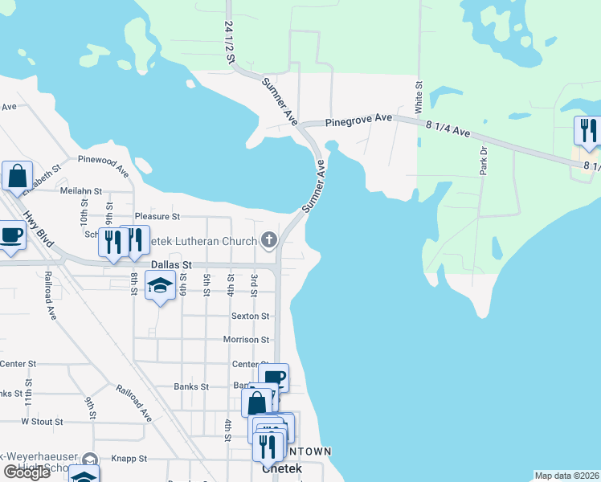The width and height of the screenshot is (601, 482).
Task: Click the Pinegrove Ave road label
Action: (x=358, y=120)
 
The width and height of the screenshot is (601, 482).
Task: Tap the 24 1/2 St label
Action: (x=231, y=43)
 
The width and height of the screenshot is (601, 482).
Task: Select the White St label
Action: (x=419, y=96)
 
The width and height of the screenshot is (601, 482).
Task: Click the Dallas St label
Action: (x=172, y=264)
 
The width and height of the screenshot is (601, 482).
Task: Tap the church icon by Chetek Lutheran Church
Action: (x=269, y=239)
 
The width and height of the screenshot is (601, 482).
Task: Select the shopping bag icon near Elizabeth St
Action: (x=17, y=175)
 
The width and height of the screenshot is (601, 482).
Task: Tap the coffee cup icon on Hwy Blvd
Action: (x=10, y=237)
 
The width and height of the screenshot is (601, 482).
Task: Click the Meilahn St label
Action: (x=81, y=191)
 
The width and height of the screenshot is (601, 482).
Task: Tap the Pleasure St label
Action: (x=157, y=217)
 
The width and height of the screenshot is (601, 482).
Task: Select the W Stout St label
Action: (x=42, y=421)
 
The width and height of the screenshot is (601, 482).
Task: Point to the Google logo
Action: (x=27, y=472)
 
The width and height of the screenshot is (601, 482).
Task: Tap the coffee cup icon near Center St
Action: (x=275, y=377)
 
